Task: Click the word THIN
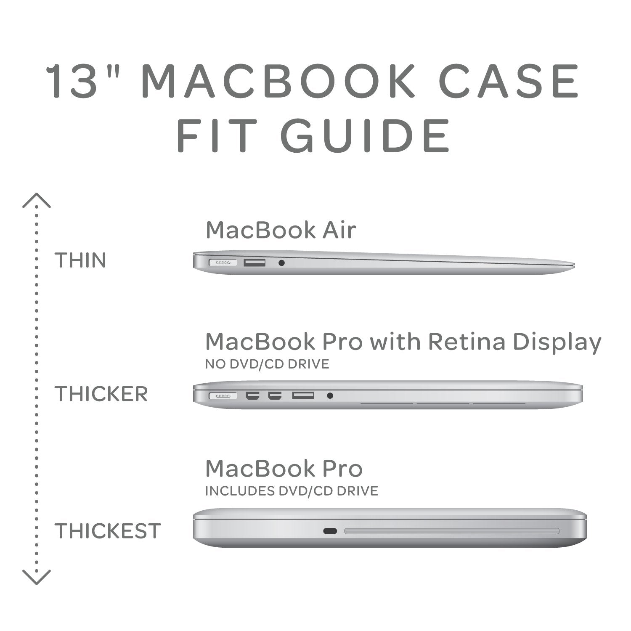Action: click(x=80, y=260)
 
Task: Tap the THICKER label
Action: click(x=101, y=394)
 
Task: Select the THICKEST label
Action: click(x=108, y=531)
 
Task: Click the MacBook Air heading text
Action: click(x=281, y=231)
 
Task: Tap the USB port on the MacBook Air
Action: click(x=255, y=263)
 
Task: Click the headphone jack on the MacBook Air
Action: click(x=281, y=263)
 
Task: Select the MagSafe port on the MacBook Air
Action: click(x=223, y=263)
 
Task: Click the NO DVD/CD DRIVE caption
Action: click(x=267, y=364)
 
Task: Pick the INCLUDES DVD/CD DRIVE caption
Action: click(x=291, y=490)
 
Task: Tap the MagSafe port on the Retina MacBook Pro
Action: click(x=223, y=396)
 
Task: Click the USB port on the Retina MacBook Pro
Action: click(x=303, y=395)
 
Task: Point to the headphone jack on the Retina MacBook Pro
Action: click(x=330, y=395)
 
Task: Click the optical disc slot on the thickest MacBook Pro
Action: click(x=452, y=531)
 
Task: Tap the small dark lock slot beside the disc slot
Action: click(x=330, y=531)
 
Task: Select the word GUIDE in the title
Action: click(x=365, y=136)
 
